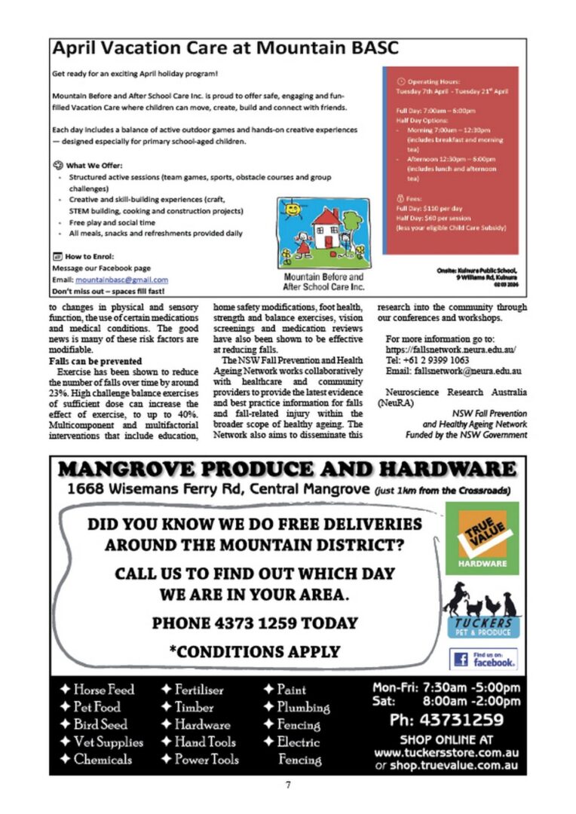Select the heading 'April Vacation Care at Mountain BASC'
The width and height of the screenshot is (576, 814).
[225, 49]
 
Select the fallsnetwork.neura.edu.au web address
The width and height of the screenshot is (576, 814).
[450, 350]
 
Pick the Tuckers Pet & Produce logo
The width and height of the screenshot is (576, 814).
[482, 610]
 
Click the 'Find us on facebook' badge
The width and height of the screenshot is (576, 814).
[483, 659]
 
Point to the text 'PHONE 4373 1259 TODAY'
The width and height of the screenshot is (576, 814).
[255, 623]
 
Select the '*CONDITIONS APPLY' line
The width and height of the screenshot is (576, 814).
[255, 651]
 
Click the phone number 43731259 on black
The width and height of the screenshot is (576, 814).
[446, 720]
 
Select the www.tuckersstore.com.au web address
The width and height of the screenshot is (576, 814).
[446, 753]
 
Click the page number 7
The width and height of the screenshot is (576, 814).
[288, 785]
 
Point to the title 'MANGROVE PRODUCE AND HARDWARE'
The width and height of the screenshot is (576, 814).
[287, 470]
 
